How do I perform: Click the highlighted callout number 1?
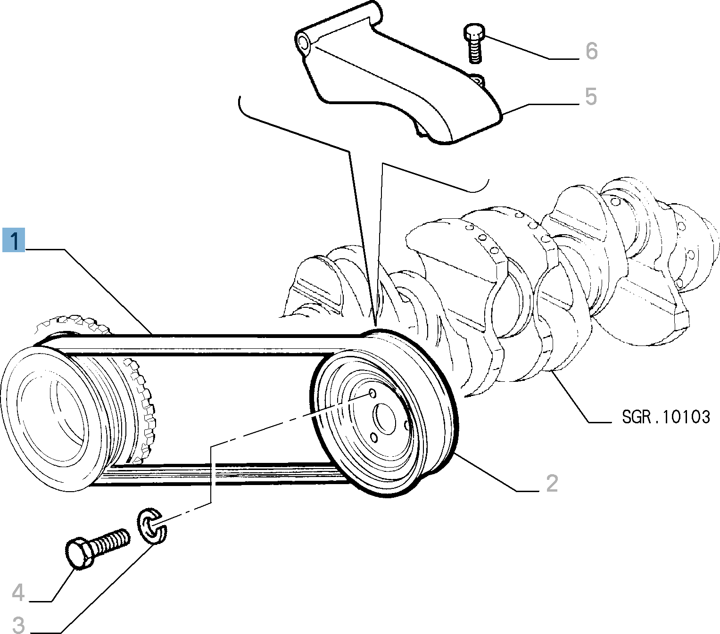pyautogui.click(x=14, y=240)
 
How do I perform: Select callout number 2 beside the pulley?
pyautogui.click(x=552, y=483)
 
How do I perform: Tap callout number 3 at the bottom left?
pyautogui.click(x=18, y=625)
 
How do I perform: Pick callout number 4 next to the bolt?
pyautogui.click(x=18, y=593)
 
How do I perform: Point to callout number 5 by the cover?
pyautogui.click(x=591, y=96)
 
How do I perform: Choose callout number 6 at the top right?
pyautogui.click(x=591, y=51)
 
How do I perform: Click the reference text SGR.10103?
pyautogui.click(x=665, y=417)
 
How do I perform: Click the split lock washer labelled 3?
pyautogui.click(x=152, y=525)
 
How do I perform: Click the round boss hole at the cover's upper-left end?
pyautogui.click(x=304, y=43)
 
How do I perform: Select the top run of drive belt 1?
pyautogui.click(x=212, y=337)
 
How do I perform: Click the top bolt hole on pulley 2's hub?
pyautogui.click(x=372, y=393)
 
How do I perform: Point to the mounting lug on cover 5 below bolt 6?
pyautogui.click(x=478, y=80)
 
